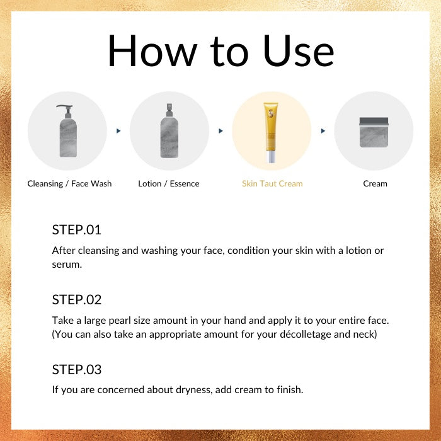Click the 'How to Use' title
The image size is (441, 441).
point(220,50)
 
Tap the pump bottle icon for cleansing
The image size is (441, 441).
point(68,131)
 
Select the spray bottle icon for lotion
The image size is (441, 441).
point(169,131)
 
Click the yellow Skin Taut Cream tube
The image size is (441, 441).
point(270,132)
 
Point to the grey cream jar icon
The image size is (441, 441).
point(374,132)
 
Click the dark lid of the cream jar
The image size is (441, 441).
point(374,121)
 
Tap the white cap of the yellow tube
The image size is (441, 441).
point(271,157)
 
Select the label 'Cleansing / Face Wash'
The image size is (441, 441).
point(69,184)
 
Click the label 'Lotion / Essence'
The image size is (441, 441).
point(169,184)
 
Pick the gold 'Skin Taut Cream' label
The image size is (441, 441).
point(272,184)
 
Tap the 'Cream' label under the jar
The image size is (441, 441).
point(375,184)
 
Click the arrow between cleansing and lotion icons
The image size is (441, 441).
point(118,131)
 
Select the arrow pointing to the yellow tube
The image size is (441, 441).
point(220,131)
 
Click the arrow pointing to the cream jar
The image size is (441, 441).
point(323,131)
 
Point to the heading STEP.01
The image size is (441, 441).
point(76,230)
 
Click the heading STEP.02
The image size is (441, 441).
point(77,299)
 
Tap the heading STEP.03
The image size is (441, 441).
point(77,369)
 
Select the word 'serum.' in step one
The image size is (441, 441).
point(67,265)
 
